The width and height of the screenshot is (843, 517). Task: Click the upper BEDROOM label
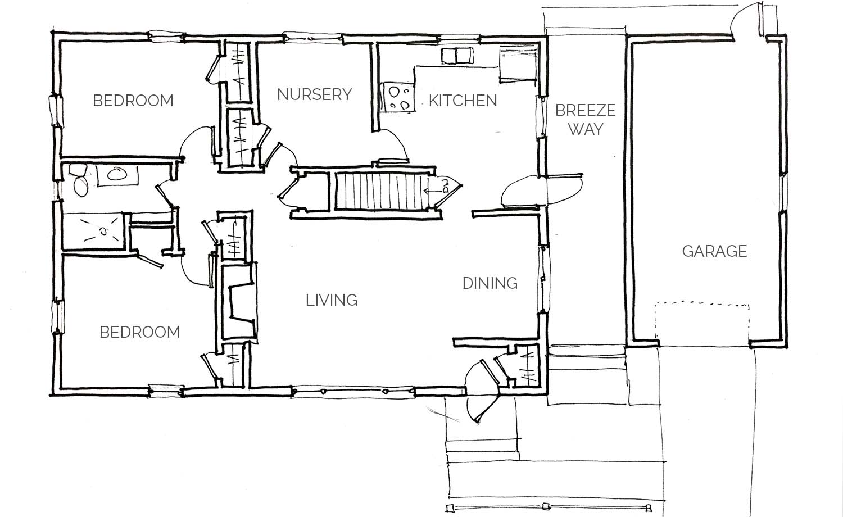point(133,101)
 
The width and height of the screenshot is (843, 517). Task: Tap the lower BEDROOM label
point(139,332)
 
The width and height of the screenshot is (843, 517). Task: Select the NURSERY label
point(314,94)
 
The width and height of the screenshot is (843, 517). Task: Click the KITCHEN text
point(463,101)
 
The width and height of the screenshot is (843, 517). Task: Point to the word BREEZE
point(585,110)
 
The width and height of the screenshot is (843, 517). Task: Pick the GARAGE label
point(714,251)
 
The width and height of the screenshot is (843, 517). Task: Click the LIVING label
point(332,300)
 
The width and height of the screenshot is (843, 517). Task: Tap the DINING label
point(490,283)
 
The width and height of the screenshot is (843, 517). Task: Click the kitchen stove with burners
point(397,97)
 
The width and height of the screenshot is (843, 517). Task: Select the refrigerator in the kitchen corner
point(518,63)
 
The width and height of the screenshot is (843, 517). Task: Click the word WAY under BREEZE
point(586,129)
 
